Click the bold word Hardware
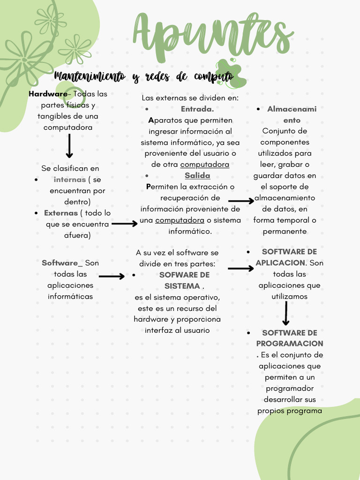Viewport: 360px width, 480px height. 48,94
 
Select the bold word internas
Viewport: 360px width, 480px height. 70,180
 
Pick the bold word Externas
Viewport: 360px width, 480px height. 61,213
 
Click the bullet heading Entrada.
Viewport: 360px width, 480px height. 197,109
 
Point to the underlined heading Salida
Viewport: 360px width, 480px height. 197,175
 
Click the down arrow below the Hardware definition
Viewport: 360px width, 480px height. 69,146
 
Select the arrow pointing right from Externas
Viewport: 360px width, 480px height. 125,224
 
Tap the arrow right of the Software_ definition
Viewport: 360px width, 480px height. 112,277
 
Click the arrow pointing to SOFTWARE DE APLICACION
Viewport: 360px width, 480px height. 240,269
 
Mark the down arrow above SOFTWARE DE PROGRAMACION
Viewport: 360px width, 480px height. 286,314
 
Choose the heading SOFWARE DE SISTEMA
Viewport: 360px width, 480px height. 184,280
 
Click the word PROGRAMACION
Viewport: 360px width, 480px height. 290,344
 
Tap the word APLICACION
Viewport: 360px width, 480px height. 280,263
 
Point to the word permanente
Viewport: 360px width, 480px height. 285,231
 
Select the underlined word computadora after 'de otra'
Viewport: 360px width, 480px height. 204,165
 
